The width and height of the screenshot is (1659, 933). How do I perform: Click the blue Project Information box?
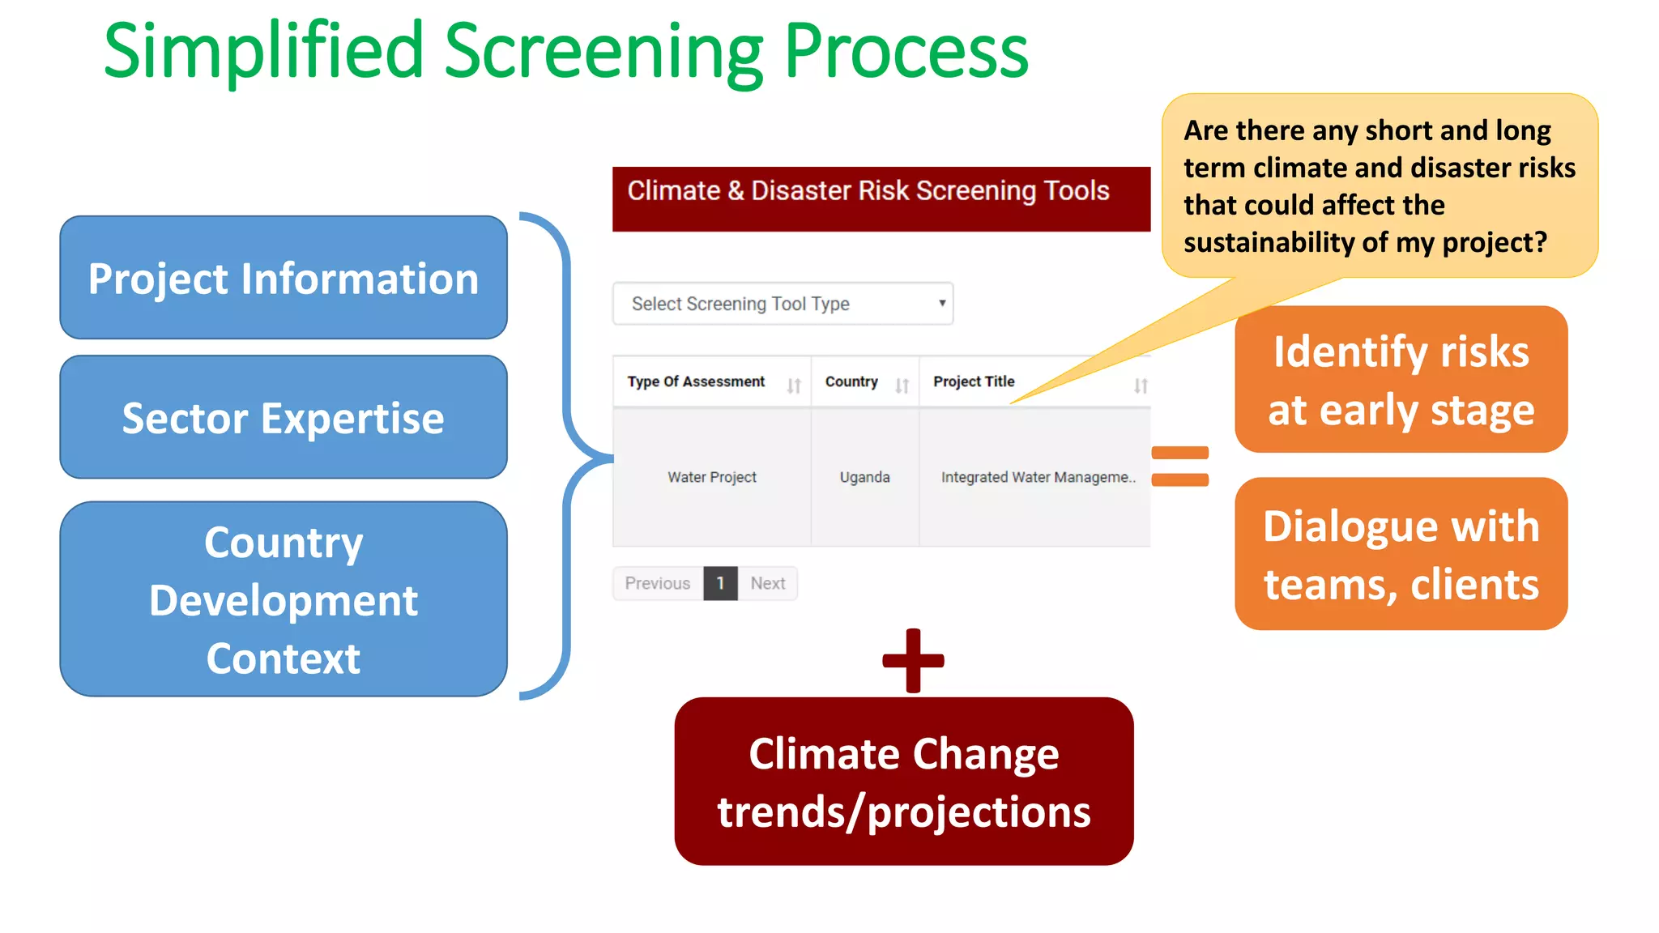point(283,278)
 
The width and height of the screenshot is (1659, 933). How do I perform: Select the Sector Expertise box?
point(283,417)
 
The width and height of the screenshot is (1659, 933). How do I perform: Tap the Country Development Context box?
point(283,599)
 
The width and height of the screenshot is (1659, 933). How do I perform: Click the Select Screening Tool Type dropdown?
point(783,304)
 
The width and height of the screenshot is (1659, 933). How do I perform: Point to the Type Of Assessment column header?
point(697,381)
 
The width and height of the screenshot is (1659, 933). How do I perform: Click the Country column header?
point(851,381)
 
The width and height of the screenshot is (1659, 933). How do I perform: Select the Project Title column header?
point(974,381)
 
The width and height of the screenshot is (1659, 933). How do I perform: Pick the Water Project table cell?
point(711,477)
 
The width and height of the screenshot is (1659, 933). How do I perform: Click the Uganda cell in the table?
point(864,477)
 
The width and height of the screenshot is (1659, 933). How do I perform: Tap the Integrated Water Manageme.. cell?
point(1038,477)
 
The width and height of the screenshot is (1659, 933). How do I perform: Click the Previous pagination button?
point(658,583)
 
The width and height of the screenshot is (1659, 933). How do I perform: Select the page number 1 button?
point(720,583)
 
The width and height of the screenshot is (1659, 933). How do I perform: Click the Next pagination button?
point(767,583)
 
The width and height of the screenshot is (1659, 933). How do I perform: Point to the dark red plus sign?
point(913,660)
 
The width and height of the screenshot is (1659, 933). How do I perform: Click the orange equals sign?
point(1179,466)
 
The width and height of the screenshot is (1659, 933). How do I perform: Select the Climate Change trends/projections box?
point(903,782)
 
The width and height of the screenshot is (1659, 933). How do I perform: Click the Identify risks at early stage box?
point(1401,380)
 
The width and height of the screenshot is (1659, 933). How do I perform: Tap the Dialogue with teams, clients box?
point(1401,555)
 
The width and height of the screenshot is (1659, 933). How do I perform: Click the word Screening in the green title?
point(603,52)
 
